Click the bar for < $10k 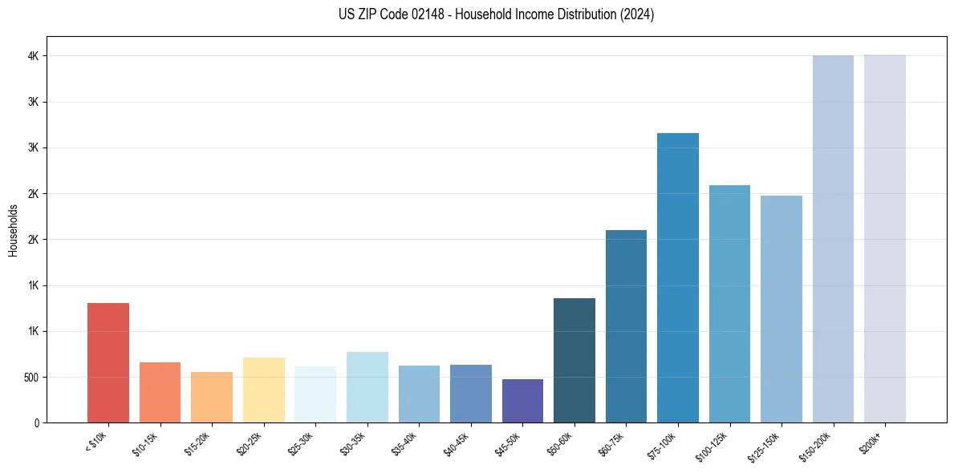108,362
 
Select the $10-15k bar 160,392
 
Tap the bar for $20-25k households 263,390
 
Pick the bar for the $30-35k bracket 367,387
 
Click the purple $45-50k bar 522,401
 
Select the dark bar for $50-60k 574,360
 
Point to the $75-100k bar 678,277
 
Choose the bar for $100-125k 729,304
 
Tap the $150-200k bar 833,239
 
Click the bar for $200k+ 885,238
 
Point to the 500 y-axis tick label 30,377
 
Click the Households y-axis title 14,230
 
